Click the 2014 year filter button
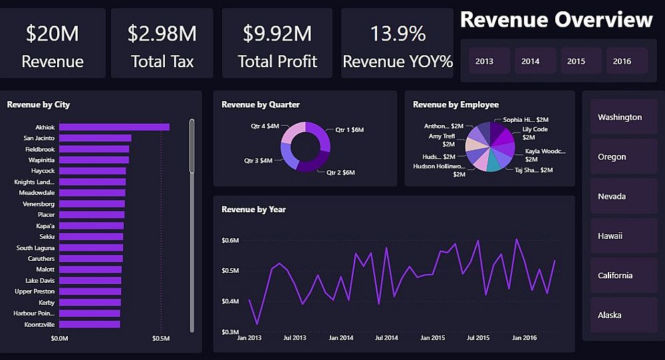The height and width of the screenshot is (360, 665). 531,61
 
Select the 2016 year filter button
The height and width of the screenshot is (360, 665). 622,61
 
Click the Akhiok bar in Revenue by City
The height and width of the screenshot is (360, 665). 114,127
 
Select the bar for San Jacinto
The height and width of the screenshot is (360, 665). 95,138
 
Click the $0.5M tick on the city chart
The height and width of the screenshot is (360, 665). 162,339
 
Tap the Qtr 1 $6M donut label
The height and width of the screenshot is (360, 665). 350,130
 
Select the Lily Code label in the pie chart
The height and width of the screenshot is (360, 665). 535,129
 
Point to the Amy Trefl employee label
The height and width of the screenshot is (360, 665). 442,136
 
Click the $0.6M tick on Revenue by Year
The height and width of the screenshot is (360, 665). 230,240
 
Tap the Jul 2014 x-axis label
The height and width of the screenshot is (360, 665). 386,338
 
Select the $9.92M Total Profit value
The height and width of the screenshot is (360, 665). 277,33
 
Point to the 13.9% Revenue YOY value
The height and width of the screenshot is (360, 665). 398,33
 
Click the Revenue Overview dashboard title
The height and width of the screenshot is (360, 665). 556,20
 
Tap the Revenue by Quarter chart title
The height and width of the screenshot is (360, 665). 261,104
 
